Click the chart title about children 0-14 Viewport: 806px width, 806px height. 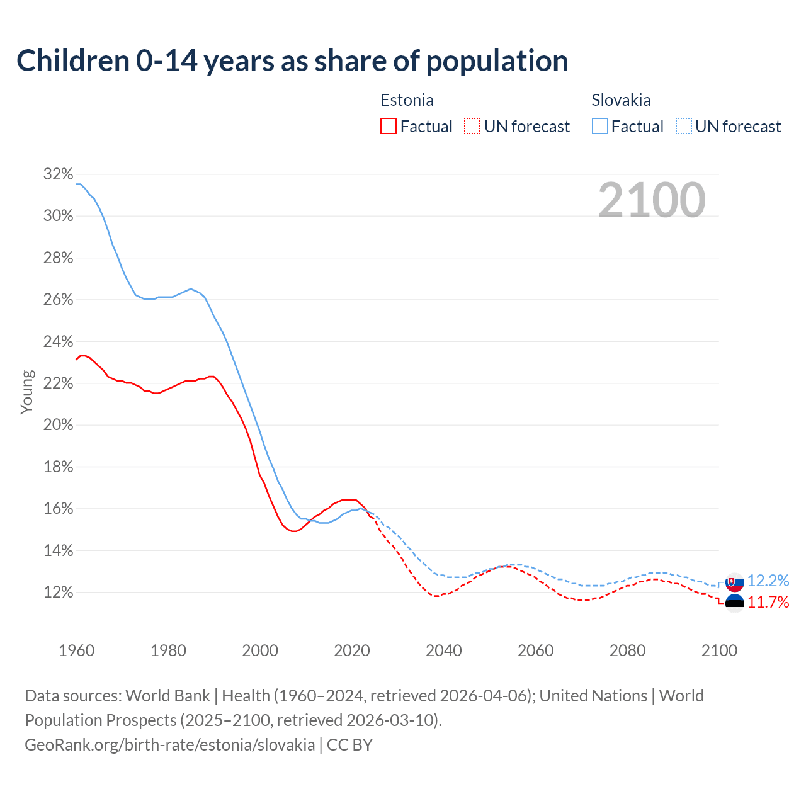click(x=292, y=61)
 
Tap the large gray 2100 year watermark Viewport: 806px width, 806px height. click(x=651, y=200)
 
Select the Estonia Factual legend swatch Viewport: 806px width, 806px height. click(x=389, y=126)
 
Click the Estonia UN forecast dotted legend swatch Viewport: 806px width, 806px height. click(x=472, y=126)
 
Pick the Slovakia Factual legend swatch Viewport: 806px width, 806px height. click(x=599, y=126)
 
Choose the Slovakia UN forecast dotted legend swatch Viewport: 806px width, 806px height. click(x=683, y=126)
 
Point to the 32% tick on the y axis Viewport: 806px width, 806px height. click(x=58, y=174)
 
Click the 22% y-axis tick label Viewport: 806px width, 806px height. click(x=58, y=383)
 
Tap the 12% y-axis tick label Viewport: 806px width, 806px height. click(x=58, y=593)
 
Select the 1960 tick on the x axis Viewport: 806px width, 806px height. click(x=76, y=650)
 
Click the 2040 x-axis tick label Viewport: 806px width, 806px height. click(x=443, y=650)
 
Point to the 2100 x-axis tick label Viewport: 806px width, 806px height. click(x=718, y=650)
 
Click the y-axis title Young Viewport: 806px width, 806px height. click(x=27, y=392)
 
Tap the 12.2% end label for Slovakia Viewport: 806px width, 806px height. click(x=768, y=581)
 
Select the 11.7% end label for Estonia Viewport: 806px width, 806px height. click(x=768, y=603)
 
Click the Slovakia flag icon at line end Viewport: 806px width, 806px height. click(x=734, y=582)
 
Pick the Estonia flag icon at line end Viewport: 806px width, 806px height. click(x=734, y=603)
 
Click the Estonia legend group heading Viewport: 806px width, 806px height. click(x=407, y=100)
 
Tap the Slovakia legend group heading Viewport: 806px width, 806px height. click(x=621, y=100)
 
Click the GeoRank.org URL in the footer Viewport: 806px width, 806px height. click(x=169, y=745)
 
